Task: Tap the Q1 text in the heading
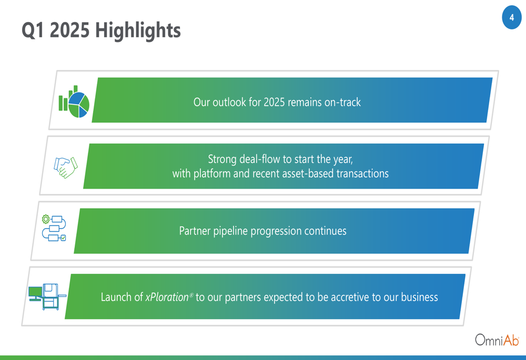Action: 33,30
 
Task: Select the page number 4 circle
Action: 512,17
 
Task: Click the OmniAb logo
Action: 497,340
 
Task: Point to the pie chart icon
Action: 74,101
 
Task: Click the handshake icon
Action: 66,167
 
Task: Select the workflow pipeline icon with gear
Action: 54,228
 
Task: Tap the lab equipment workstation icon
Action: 47,296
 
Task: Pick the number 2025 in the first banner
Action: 274,102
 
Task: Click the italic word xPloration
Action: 167,297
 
